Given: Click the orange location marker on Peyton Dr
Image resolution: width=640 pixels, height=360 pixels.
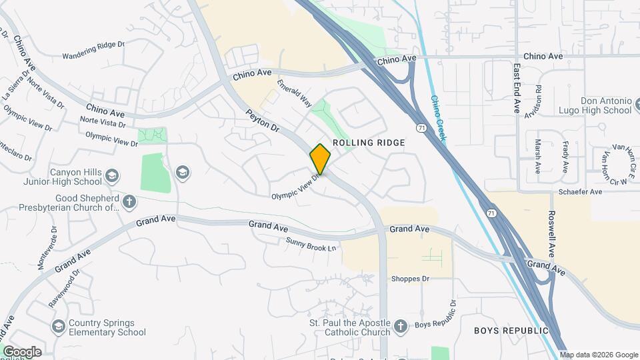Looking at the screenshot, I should pos(320,159).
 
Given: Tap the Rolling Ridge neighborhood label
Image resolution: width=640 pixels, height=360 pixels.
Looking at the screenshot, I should pos(369,143).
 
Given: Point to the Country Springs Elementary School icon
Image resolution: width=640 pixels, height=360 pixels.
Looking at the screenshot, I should pos(59,327).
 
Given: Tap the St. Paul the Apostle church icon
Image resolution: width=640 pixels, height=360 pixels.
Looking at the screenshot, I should pos(400,326).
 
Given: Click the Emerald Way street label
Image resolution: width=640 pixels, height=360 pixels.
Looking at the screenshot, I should pos(295,94).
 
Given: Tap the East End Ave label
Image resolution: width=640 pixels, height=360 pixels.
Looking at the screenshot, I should pos(517,88).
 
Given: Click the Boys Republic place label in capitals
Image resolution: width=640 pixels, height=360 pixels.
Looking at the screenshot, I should pos(511,331).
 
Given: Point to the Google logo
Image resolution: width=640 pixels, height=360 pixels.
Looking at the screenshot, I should pos(21,352).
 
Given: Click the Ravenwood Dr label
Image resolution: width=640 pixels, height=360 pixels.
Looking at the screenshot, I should pos(65,288).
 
